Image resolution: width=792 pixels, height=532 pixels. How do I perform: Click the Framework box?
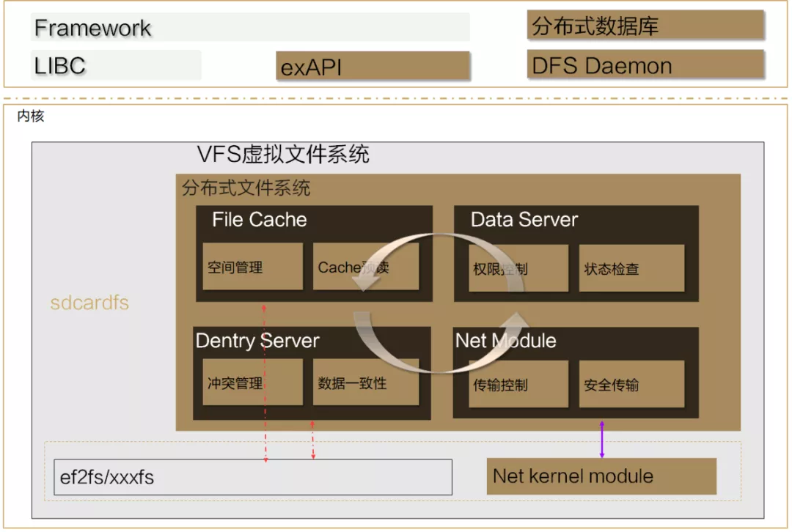[250, 28]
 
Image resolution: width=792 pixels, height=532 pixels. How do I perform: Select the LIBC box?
[116, 65]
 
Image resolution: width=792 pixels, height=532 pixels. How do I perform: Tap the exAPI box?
[373, 67]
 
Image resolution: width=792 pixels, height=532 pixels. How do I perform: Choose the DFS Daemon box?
[645, 64]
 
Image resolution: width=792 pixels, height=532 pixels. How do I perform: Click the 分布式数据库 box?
[645, 26]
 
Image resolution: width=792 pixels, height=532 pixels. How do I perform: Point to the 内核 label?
[31, 116]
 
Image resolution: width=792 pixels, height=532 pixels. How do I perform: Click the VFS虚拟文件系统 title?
[283, 155]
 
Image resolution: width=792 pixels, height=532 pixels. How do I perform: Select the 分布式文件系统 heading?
[246, 188]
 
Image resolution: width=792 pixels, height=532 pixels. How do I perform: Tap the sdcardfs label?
[89, 303]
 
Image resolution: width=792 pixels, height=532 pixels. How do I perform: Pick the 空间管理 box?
[252, 267]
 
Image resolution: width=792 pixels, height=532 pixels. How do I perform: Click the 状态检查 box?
[631, 268]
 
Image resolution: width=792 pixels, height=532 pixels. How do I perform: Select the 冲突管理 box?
[252, 383]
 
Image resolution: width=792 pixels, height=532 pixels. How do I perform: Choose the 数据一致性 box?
[365, 383]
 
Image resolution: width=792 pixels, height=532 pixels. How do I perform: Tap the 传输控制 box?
[518, 384]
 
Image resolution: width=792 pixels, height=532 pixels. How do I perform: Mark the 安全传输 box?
[631, 384]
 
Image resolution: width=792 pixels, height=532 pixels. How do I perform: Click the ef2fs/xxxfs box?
[253, 477]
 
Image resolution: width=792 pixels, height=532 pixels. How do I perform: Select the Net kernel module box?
[601, 476]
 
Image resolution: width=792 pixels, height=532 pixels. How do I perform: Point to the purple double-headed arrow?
[602, 440]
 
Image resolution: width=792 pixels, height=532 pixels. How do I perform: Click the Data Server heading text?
[524, 219]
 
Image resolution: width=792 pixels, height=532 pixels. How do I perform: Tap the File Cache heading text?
[259, 219]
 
